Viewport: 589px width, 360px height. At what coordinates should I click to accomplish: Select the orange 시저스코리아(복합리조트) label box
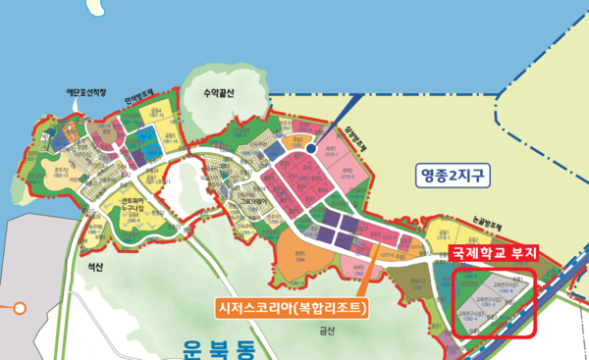[x=292, y=308]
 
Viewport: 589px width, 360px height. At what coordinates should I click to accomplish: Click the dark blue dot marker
[x=310, y=149]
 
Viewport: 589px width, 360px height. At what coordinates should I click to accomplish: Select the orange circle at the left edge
[x=17, y=308]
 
